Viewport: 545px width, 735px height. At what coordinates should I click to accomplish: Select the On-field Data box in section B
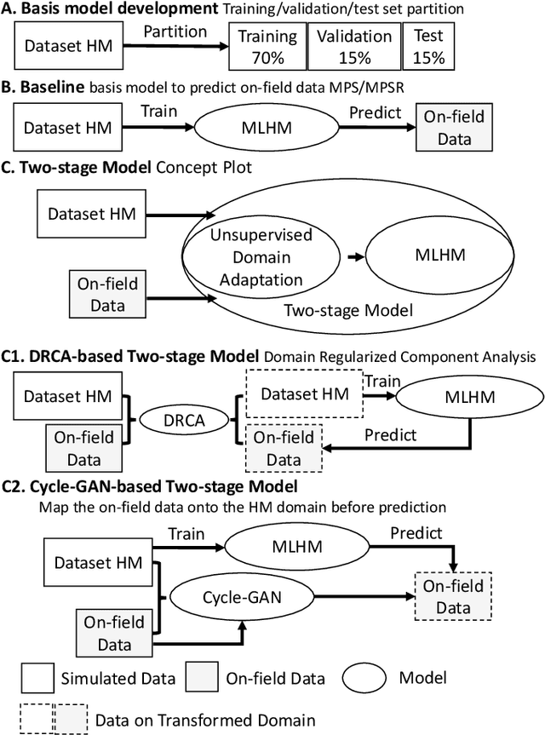tap(449, 128)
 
